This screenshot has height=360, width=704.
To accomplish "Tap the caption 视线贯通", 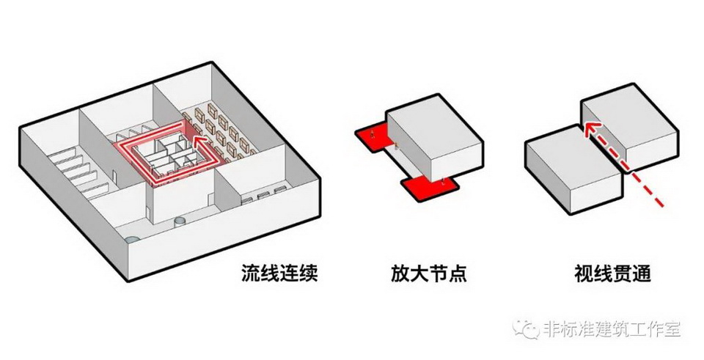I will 613,274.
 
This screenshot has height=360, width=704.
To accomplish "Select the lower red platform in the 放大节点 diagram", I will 426,186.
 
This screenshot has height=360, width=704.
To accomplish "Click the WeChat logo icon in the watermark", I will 529,329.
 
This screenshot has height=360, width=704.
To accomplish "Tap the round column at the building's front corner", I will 132,240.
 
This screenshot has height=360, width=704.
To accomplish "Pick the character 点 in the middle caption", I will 458,274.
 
